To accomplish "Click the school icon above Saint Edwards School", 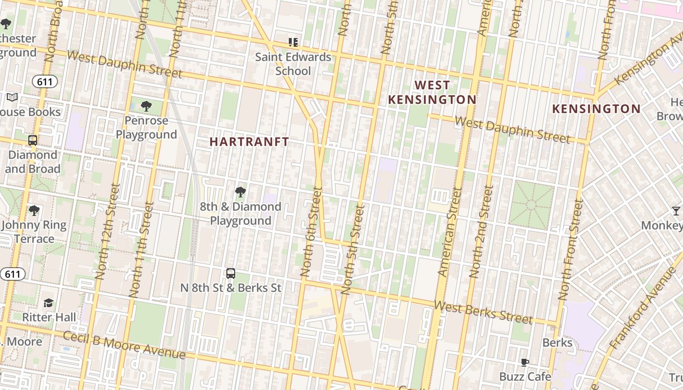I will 293,42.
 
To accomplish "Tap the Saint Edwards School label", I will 293,64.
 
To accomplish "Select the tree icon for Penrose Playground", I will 146,106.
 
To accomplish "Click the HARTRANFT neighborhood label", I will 249,142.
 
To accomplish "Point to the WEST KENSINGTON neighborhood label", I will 432,92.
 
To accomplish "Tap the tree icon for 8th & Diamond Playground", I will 240,192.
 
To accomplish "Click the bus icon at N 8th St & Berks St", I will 231,273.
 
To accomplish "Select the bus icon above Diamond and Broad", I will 33,140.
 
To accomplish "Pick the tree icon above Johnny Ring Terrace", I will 34,211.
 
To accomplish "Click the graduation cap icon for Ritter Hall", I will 48,303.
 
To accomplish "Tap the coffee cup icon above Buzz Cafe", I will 525,362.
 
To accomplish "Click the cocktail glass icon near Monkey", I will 676,211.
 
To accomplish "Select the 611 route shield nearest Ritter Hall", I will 12,274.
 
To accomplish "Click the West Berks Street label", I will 483,312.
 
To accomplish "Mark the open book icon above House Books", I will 12,97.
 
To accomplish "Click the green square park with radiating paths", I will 532,205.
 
